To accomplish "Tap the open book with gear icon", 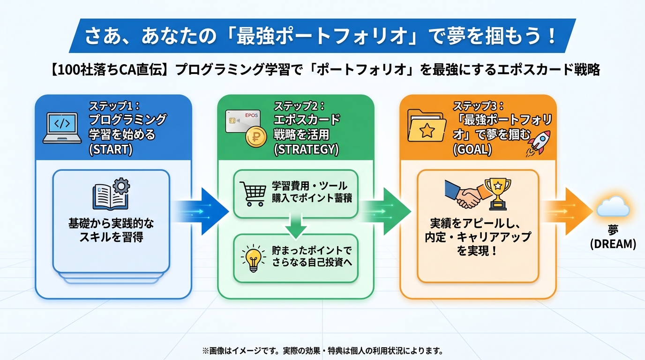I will point(111,194).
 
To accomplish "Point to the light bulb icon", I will point(253,257).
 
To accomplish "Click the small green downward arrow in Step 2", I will point(295,226).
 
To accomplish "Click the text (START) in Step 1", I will point(111,150).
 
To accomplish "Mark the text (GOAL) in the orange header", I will point(472,150).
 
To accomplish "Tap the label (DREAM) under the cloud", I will point(613,244).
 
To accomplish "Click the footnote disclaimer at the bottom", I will point(322,351).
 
